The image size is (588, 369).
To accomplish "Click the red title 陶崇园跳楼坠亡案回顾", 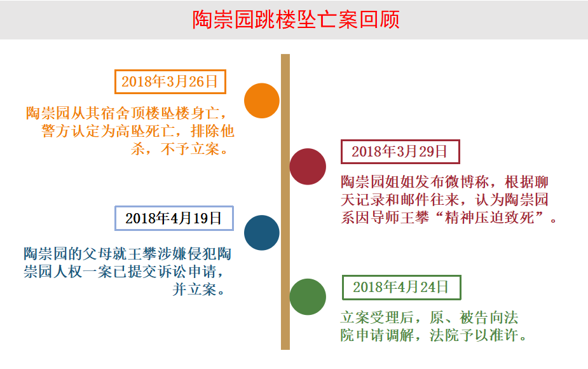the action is tap(296, 20).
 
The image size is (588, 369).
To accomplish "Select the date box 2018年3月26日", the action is tap(170, 81).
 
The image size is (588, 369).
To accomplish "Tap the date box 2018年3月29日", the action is tap(400, 151).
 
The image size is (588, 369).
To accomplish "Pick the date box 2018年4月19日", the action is tap(174, 218).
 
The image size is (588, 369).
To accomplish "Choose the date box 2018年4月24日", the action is tap(401, 287).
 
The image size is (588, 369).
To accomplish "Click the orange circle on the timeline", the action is tap(262, 101).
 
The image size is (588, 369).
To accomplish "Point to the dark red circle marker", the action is tap(308, 166).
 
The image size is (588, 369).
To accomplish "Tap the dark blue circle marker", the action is tap(262, 233).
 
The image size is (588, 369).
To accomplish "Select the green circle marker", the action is tap(308, 296).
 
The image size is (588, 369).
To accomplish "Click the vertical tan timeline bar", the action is tap(285, 202).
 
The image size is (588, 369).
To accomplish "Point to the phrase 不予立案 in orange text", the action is tap(190, 149).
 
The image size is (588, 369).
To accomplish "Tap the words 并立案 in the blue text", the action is tap(195, 289).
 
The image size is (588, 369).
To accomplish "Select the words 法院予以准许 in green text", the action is tap(474, 335).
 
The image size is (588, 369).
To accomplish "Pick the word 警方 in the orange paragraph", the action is tap(56, 131).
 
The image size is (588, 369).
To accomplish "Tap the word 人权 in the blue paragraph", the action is tap(67, 272).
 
